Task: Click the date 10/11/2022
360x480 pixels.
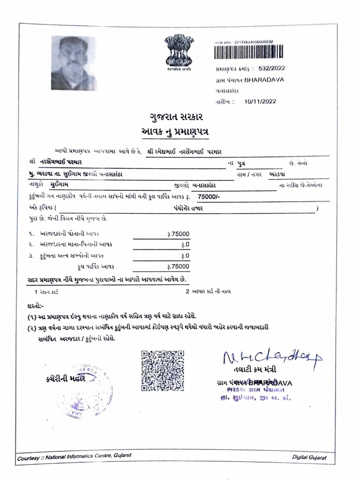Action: pos(261,101)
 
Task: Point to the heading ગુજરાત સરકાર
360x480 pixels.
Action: pos(176,116)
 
